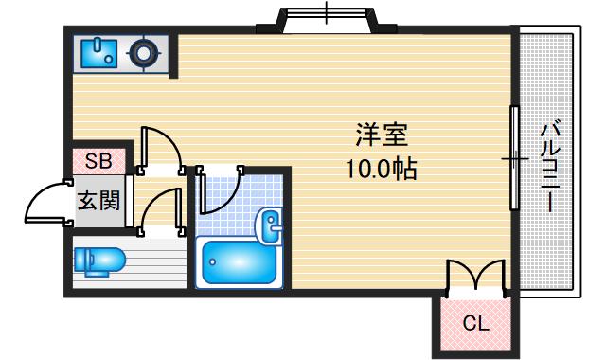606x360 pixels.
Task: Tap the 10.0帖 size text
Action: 382,171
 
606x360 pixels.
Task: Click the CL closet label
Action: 475,323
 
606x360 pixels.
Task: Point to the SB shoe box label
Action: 98,161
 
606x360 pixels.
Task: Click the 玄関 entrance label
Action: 98,201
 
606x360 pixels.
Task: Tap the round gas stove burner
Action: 144,54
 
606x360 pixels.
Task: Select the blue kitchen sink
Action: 98,53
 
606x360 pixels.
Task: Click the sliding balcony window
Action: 514,157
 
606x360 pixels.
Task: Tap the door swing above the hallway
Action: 160,149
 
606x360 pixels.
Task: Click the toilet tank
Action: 82,260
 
